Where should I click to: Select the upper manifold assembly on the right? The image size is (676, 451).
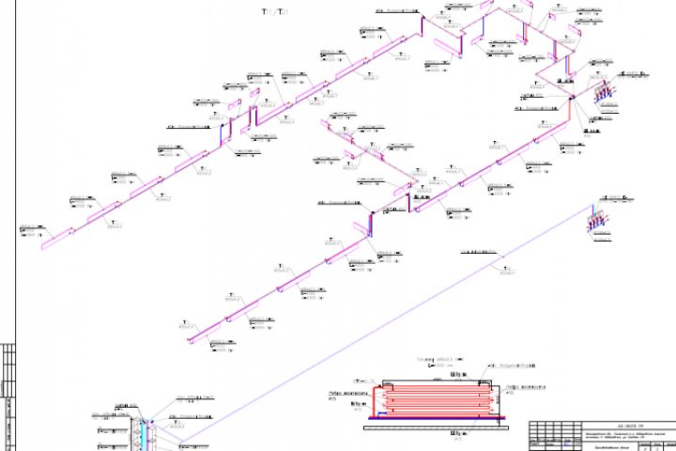click(603, 94)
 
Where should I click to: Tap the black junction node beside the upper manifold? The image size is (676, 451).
click(570, 96)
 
